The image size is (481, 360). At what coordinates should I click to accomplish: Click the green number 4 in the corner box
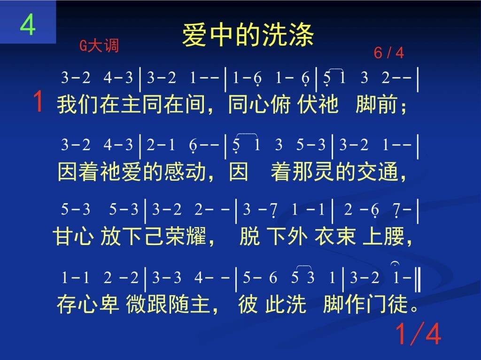28,24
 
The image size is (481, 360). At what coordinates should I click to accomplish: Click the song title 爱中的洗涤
248,35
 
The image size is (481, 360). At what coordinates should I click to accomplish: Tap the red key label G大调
99,46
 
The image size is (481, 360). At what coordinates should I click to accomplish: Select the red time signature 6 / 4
388,53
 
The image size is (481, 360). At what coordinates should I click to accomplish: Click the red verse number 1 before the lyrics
39,101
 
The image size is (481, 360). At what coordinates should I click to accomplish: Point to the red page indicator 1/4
418,334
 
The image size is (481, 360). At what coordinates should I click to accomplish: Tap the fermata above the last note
395,263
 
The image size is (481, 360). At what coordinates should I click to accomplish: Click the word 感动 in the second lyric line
185,171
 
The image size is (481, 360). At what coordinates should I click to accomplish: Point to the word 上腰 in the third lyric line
383,236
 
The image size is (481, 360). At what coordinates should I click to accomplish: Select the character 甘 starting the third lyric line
62,236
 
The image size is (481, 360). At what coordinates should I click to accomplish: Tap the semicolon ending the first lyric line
403,107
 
